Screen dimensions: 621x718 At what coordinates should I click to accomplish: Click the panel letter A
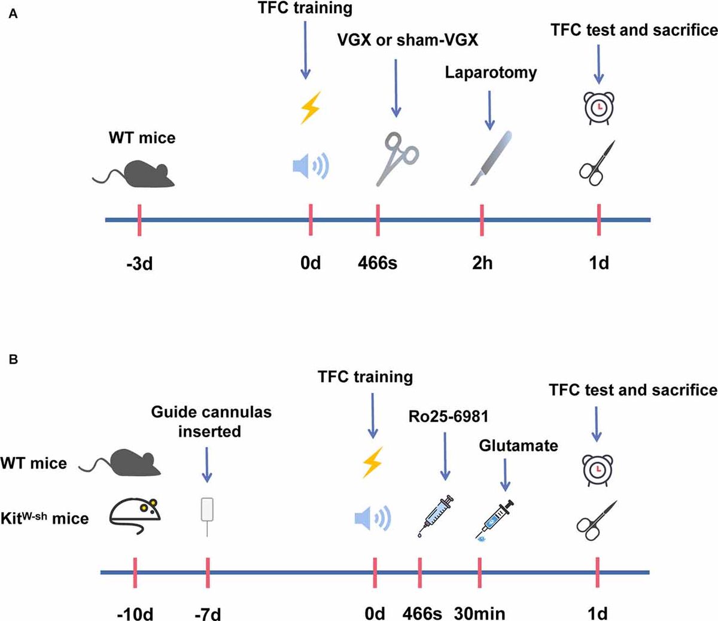coord(13,14)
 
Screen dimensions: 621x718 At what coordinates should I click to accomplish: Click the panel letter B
coord(13,360)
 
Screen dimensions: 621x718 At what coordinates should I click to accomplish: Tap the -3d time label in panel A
coord(139,263)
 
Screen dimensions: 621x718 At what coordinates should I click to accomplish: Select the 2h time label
coord(482,263)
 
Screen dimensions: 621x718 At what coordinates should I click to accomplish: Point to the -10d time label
coord(135,613)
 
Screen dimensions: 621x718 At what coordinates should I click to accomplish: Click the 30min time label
coord(479,613)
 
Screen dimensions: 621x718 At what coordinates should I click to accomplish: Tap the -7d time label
coord(207,613)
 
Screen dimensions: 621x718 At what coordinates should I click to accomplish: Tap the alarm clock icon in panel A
coord(599,108)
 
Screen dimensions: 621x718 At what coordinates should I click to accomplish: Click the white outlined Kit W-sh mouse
coord(136,515)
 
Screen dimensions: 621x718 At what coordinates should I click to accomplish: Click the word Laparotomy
coord(491,72)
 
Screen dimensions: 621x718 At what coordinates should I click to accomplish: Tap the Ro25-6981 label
coord(445,416)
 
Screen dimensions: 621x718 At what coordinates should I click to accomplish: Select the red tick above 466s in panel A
coord(378,220)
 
